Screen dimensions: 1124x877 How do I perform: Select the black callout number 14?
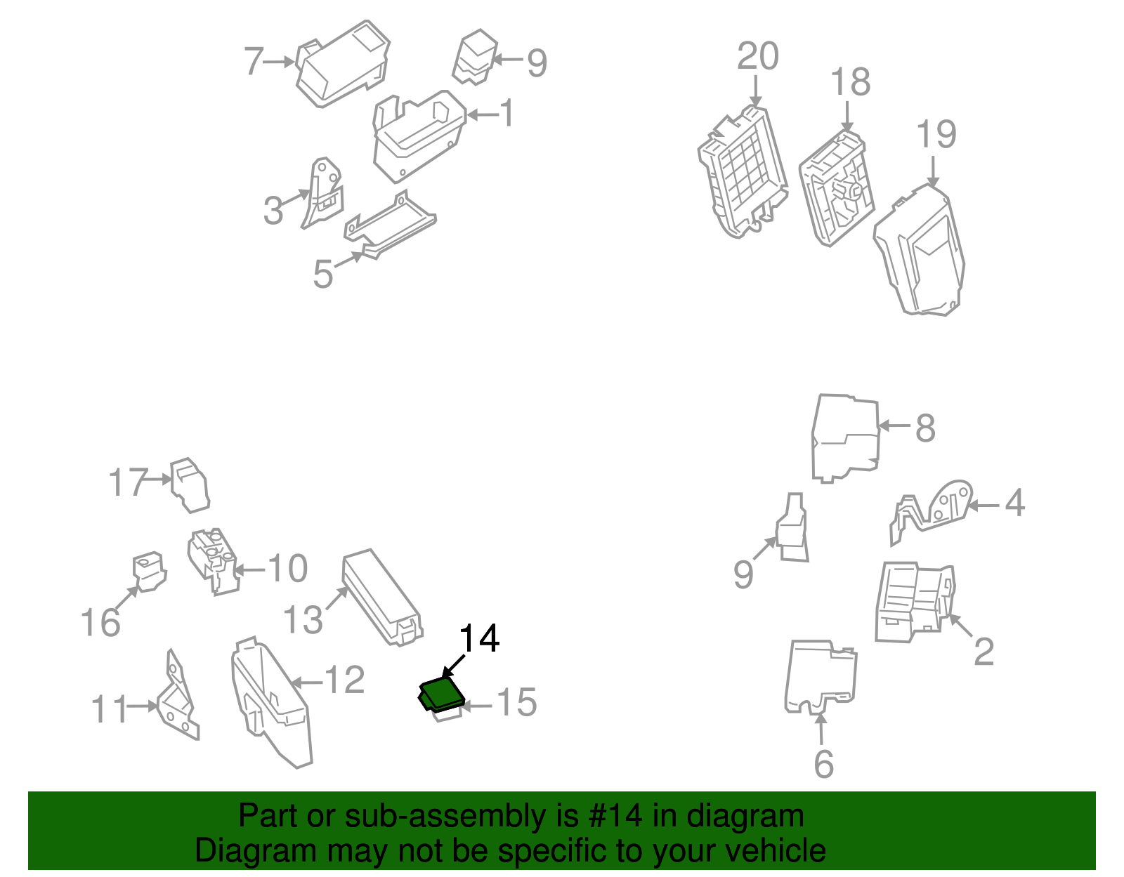(479, 639)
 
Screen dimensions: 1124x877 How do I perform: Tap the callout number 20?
(758, 55)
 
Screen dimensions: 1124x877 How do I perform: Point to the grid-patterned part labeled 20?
(743, 171)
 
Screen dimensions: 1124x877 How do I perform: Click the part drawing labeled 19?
(919, 249)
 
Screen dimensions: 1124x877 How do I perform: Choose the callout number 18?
(851, 81)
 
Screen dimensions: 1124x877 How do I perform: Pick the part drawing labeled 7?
(342, 64)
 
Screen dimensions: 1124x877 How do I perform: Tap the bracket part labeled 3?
(322, 192)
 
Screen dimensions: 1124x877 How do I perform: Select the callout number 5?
(323, 274)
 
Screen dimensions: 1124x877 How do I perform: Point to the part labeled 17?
(190, 485)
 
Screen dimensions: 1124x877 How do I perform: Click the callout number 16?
(100, 622)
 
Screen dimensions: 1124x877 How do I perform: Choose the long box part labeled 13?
(382, 598)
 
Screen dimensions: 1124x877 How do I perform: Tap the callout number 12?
(344, 680)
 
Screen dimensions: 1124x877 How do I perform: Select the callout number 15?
(517, 702)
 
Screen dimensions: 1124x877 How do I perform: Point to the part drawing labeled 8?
(846, 439)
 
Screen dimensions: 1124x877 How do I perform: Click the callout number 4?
(1015, 502)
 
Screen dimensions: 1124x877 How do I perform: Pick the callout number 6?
(824, 763)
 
